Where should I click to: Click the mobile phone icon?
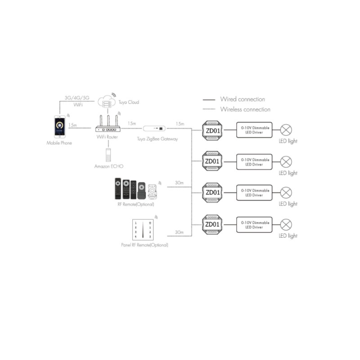[x=59, y=128]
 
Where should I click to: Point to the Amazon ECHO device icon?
[x=108, y=155]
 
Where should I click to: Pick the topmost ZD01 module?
[x=212, y=130]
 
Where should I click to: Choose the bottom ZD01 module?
[x=212, y=224]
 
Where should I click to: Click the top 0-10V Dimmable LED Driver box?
[x=254, y=130]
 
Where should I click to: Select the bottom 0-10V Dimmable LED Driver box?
[x=254, y=224]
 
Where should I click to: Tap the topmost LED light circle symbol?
[x=286, y=130]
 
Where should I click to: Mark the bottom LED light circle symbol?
[x=286, y=224]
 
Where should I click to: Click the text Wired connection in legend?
[x=242, y=99]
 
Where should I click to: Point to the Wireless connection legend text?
[x=245, y=109]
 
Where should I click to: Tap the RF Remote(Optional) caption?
[x=135, y=204]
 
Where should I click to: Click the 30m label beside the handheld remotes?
[x=179, y=183]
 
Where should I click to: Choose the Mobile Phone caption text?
[x=59, y=143]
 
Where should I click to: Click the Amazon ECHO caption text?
[x=108, y=166]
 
